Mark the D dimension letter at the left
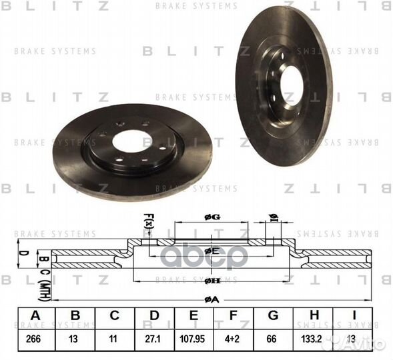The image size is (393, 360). (23, 253)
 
